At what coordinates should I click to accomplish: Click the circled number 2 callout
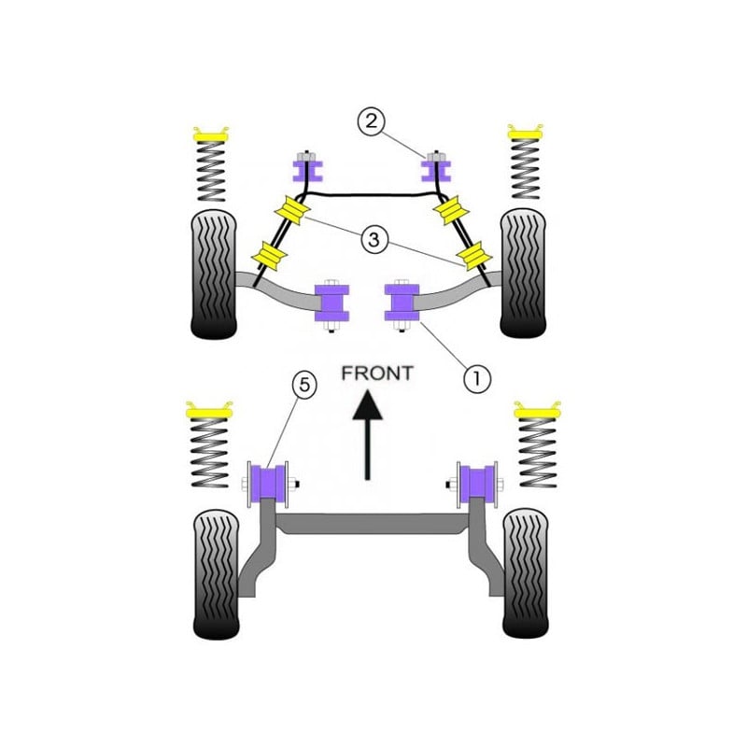point(371,121)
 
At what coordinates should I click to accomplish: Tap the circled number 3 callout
point(374,239)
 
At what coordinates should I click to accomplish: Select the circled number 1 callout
point(477,379)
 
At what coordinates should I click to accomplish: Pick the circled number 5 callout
point(304,384)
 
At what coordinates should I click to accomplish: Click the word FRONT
point(377,373)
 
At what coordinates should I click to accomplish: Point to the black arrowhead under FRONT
point(367,405)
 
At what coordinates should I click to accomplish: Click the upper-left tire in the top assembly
point(214,275)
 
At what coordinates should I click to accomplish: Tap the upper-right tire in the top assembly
point(523,273)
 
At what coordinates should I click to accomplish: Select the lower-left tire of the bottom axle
point(217,575)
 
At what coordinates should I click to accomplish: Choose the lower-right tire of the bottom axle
point(526,573)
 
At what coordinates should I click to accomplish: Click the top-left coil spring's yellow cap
point(210,134)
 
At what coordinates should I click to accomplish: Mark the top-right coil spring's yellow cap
point(525,132)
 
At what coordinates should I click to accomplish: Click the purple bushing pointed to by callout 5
point(268,484)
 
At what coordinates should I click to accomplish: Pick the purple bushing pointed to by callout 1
point(402,302)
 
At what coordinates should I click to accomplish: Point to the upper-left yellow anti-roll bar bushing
point(292,209)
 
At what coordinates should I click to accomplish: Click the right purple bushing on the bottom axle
point(477,484)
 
